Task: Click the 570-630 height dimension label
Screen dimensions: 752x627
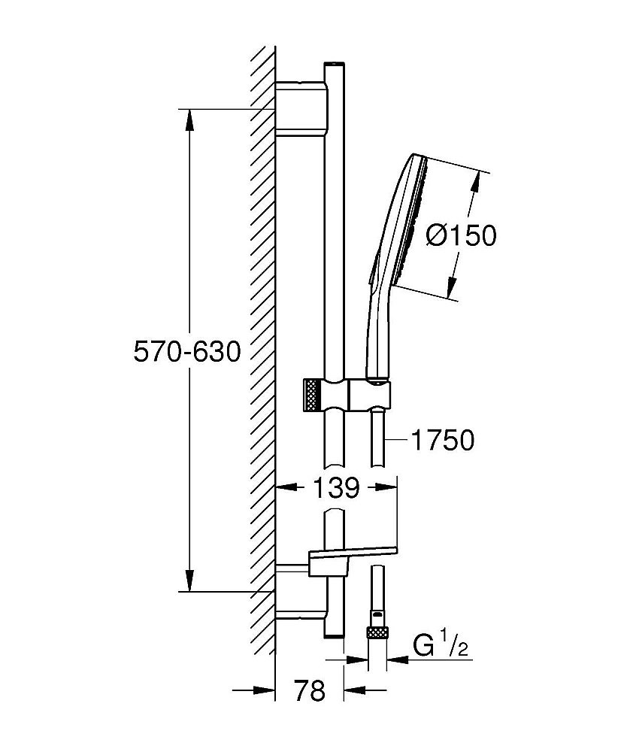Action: click(x=186, y=351)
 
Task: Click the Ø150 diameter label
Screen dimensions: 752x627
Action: click(x=461, y=235)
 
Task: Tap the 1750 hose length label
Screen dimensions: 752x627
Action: click(x=441, y=441)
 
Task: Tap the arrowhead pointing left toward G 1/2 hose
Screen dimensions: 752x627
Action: click(x=396, y=661)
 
